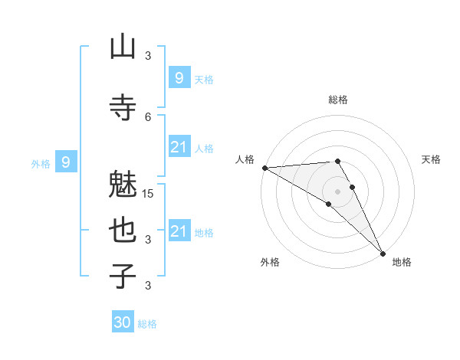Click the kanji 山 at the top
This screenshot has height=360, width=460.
123,47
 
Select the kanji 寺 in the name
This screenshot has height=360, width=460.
123,106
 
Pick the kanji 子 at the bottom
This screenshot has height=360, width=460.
123,276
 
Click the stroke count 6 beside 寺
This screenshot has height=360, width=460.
148,116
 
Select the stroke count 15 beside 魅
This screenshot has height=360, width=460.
149,193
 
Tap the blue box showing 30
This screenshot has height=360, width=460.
123,322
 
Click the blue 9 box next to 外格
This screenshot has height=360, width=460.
67,162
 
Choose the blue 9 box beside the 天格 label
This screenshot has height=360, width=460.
179,77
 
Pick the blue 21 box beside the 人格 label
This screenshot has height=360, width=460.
179,147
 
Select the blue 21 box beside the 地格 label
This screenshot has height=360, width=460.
179,231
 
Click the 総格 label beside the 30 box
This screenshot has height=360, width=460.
147,324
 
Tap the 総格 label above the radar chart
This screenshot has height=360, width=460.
338,100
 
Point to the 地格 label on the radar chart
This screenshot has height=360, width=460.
402,262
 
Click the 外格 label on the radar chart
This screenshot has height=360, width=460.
270,262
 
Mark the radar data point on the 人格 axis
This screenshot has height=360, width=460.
264,168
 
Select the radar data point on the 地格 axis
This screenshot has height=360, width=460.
383,252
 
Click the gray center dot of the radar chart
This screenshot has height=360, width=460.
338,191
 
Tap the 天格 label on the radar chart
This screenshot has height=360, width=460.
432,159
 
